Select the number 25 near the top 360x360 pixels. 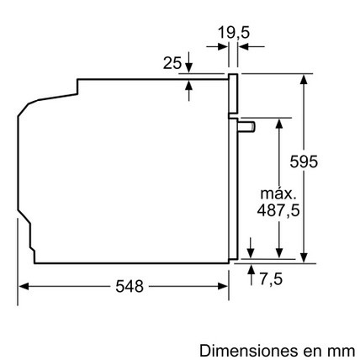click(x=172, y=62)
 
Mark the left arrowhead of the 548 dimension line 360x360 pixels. click(x=23, y=286)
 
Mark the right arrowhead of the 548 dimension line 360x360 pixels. click(x=225, y=286)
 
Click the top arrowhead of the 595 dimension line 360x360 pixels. click(x=303, y=78)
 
